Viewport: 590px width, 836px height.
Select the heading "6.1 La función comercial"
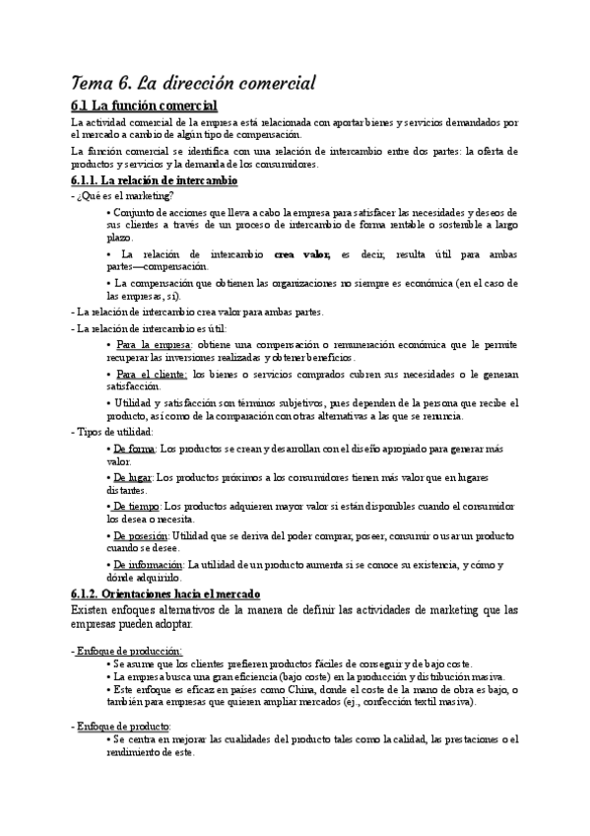coord(144,105)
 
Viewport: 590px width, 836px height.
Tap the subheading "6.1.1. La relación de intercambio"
coord(155,181)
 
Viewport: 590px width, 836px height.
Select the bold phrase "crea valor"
coord(301,253)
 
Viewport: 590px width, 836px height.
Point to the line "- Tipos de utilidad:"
coord(112,432)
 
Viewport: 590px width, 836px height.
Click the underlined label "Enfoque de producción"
coord(129,650)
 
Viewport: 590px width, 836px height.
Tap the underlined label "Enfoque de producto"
coord(124,726)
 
